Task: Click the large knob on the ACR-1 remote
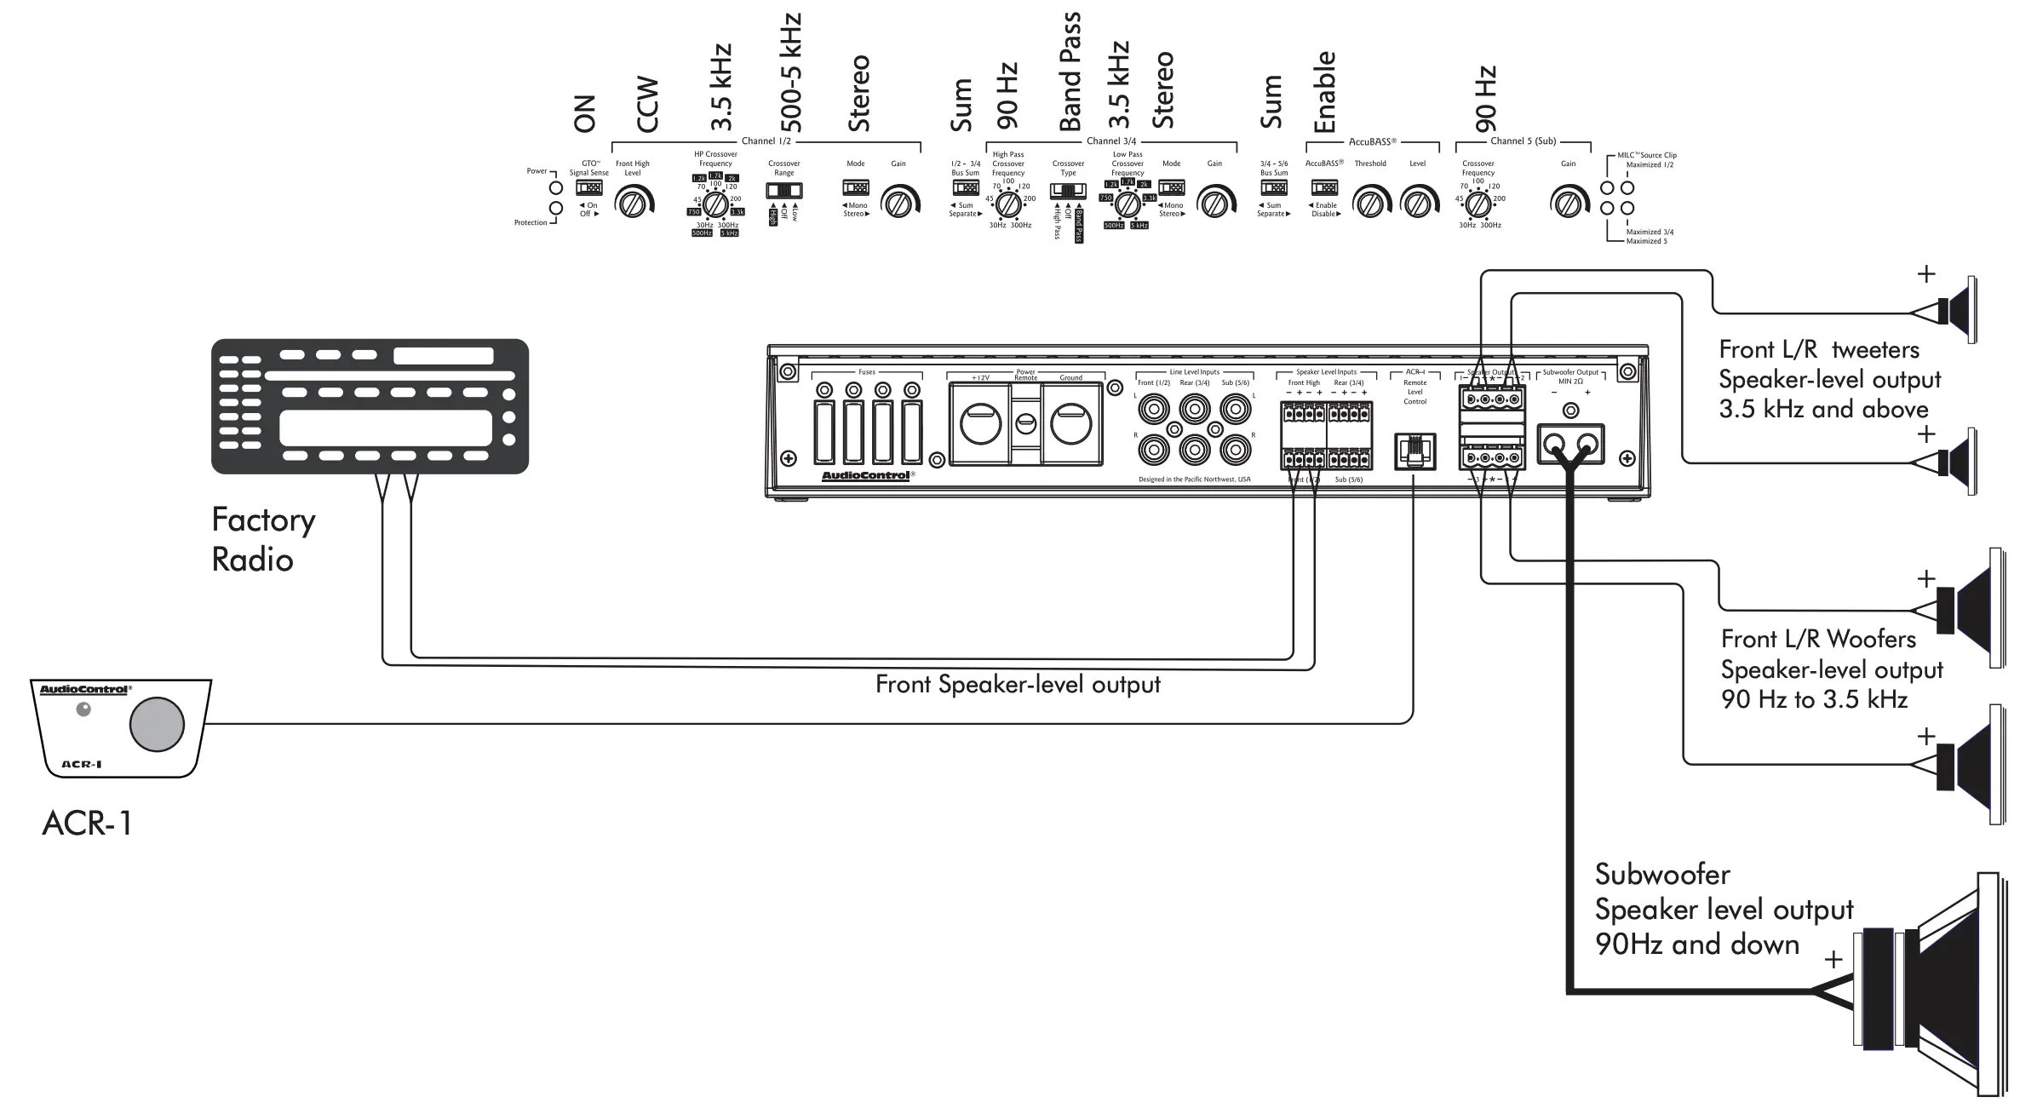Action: tap(157, 724)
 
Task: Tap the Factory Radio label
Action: tap(262, 539)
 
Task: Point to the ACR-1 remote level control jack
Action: tap(1414, 451)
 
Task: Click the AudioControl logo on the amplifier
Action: tap(866, 475)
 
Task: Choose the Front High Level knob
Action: tap(633, 204)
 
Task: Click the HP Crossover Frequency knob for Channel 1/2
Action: tap(715, 204)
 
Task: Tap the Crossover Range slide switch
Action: tap(783, 190)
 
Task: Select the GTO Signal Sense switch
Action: tap(588, 187)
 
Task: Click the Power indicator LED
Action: tap(557, 187)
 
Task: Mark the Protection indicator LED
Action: tap(557, 209)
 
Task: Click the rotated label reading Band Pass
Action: tap(1070, 72)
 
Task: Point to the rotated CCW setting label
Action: tap(648, 105)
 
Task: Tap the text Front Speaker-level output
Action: tap(1018, 685)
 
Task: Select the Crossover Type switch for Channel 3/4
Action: tap(1068, 190)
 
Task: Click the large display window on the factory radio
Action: tap(385, 428)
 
